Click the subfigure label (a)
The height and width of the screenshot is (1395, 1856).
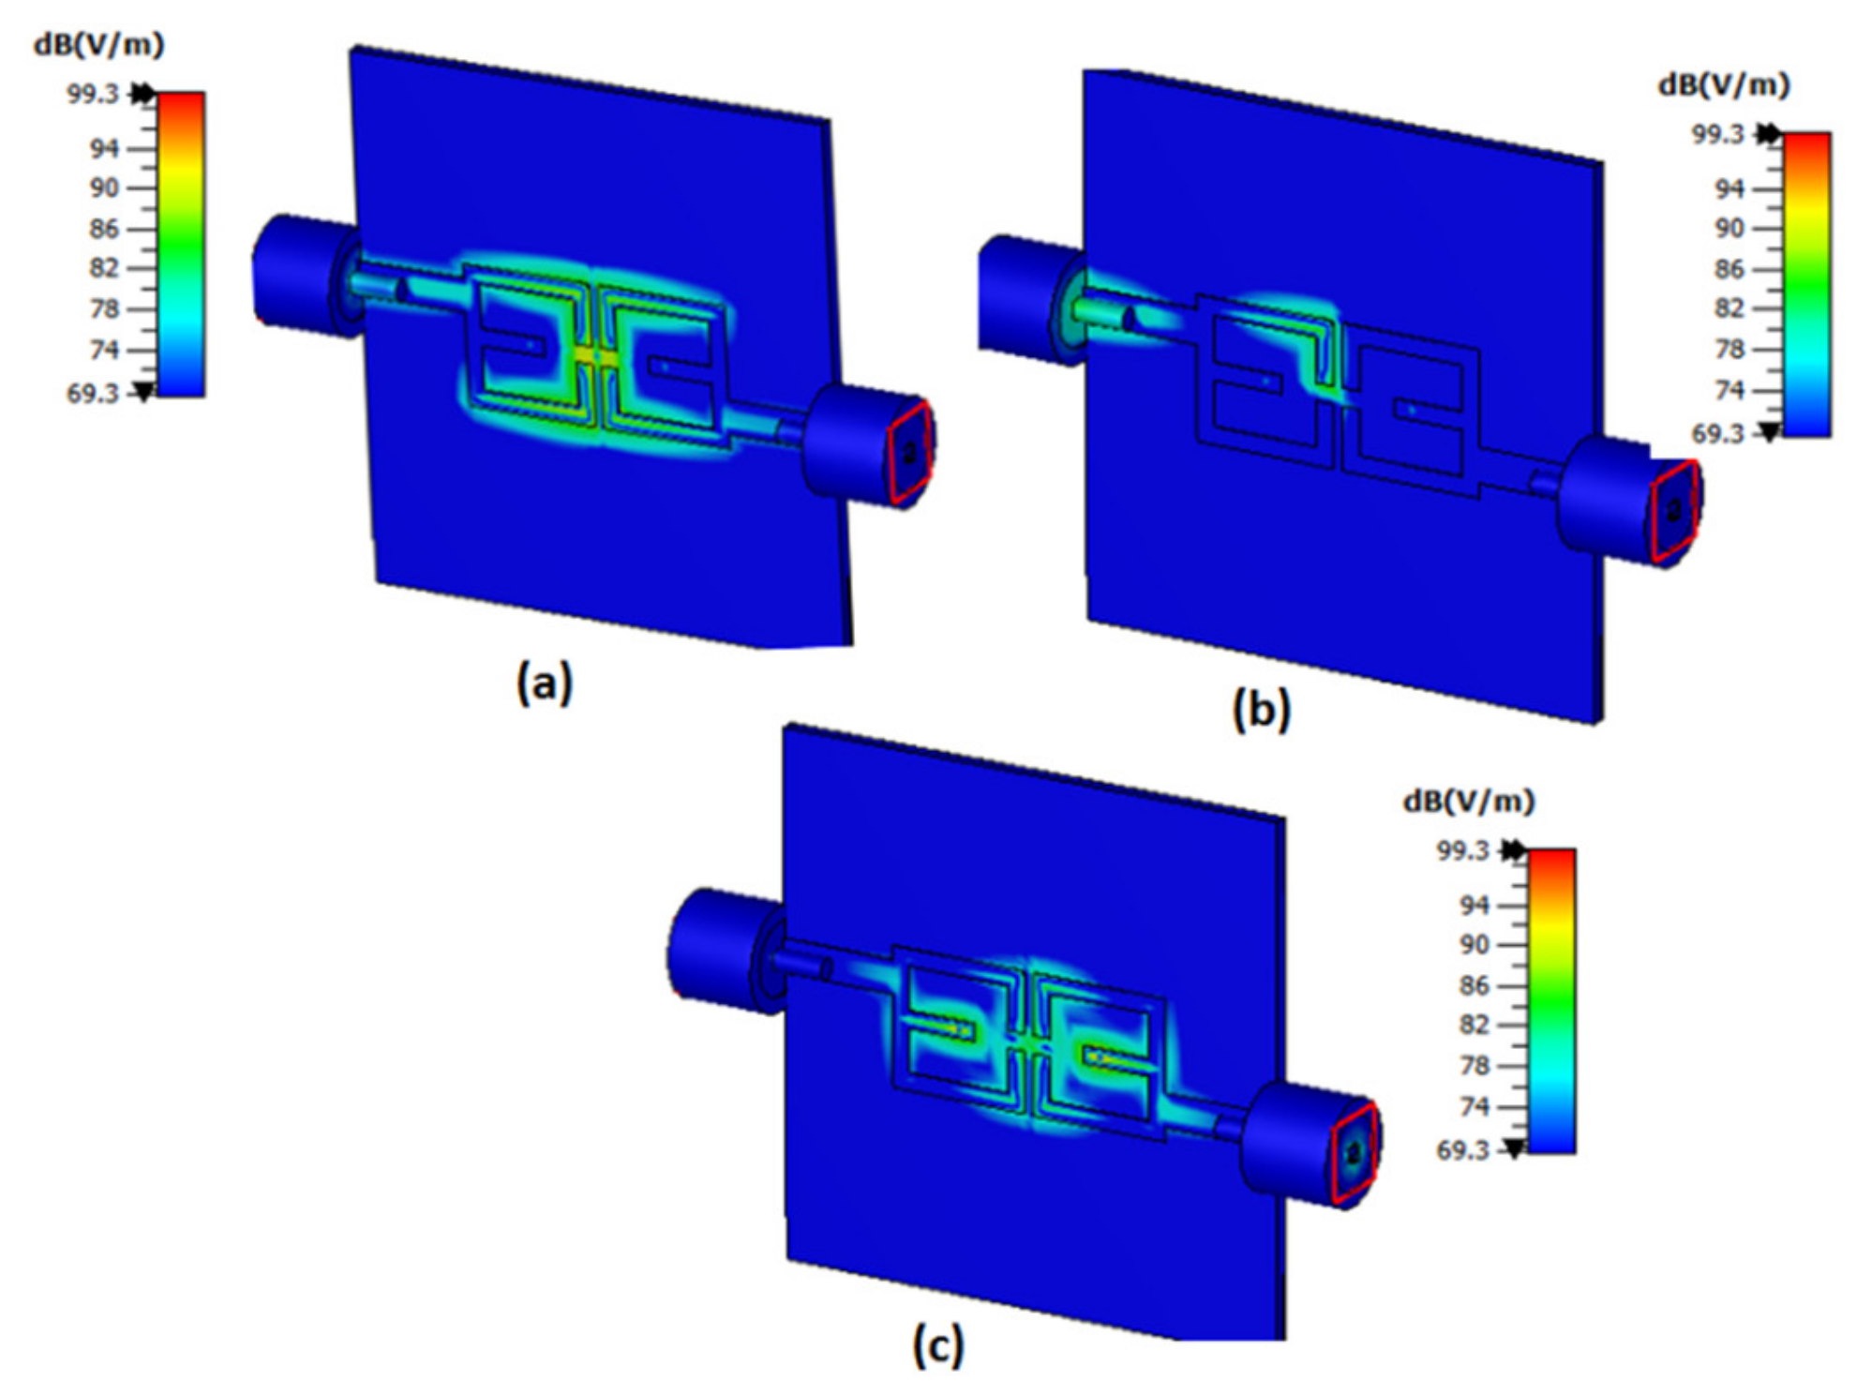(x=545, y=682)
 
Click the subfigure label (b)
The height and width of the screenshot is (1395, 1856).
(x=1262, y=709)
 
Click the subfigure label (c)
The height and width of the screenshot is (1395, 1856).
(x=938, y=1347)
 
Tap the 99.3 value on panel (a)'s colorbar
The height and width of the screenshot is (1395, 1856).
(x=93, y=94)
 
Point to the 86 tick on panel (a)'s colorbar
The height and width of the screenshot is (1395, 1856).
(x=104, y=229)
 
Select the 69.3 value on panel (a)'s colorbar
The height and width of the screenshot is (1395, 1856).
(x=93, y=394)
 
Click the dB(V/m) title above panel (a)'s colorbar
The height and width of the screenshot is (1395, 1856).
(x=98, y=44)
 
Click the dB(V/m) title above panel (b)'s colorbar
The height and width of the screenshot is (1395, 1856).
(x=1724, y=85)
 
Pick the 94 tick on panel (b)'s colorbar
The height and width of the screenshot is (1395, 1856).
(x=1729, y=189)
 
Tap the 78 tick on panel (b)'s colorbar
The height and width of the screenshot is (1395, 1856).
(x=1729, y=350)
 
